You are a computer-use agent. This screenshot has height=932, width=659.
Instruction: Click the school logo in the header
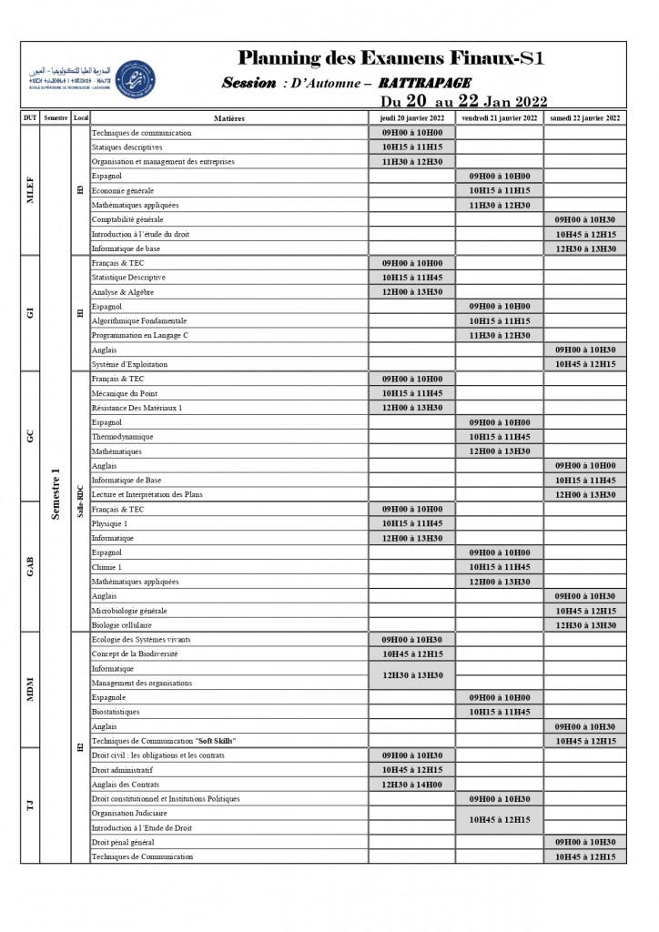(x=135, y=81)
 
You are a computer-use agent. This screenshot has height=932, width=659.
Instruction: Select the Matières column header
(x=228, y=118)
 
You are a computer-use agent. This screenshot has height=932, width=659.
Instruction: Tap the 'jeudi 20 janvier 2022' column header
(x=412, y=118)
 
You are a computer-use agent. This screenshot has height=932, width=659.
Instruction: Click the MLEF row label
(x=30, y=190)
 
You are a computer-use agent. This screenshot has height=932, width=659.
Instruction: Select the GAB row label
(x=30, y=567)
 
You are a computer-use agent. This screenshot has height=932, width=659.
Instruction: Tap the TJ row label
(x=30, y=805)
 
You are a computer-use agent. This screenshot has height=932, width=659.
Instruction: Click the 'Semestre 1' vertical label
(x=56, y=494)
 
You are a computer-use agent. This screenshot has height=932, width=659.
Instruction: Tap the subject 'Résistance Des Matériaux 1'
(x=137, y=408)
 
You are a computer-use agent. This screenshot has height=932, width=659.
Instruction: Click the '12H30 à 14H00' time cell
(x=412, y=785)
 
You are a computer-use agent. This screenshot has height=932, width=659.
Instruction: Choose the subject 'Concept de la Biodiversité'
(x=135, y=653)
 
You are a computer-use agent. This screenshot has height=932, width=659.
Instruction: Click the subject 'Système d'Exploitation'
(x=130, y=364)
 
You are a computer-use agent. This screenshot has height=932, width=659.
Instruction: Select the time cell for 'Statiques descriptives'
(x=412, y=147)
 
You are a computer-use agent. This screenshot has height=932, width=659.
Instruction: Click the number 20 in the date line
(x=416, y=101)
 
